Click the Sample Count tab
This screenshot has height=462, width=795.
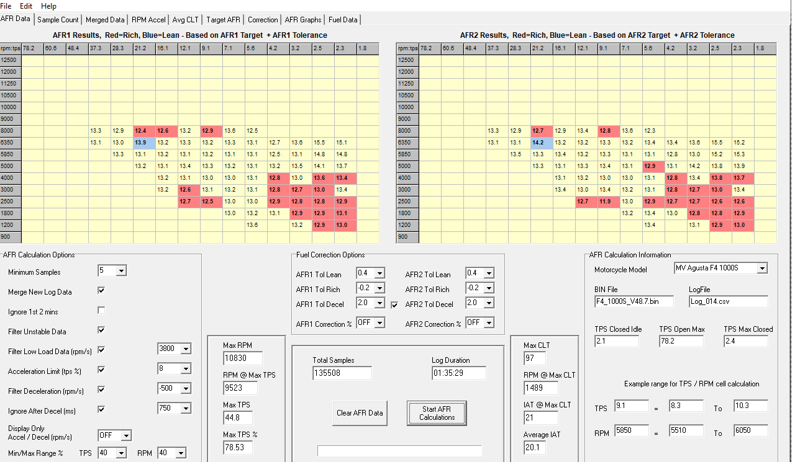click(x=58, y=19)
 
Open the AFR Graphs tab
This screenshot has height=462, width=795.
click(x=302, y=19)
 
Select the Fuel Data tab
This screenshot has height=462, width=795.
click(x=343, y=19)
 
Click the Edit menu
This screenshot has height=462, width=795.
click(x=26, y=6)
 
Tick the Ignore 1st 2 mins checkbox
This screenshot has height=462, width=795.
click(x=101, y=311)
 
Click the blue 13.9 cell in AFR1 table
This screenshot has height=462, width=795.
click(x=144, y=143)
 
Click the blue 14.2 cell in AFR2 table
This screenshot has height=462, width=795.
click(x=542, y=143)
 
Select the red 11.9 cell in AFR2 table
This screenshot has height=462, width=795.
click(x=608, y=202)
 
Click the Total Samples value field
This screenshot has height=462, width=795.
click(x=342, y=373)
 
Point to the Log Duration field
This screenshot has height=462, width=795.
click(x=458, y=373)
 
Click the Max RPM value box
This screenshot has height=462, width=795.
click(x=243, y=358)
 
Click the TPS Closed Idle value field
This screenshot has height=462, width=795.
click(x=617, y=342)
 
